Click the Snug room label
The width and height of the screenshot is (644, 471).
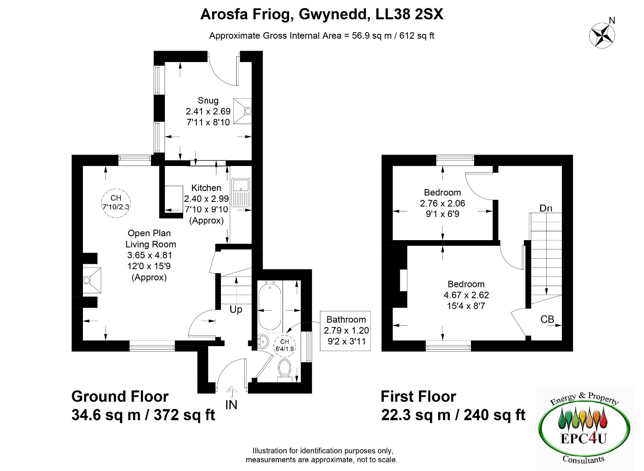point(208,101)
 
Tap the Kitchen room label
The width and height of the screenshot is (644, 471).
point(206,188)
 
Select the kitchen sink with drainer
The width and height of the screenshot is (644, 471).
point(241,192)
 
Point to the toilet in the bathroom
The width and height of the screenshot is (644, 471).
point(284,370)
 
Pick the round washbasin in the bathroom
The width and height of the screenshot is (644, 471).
point(263,342)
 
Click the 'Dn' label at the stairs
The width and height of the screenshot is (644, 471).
point(546,208)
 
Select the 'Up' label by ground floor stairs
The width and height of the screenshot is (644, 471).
point(236,310)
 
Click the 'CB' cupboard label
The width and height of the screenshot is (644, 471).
point(547,320)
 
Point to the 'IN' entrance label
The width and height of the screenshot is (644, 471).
point(231,405)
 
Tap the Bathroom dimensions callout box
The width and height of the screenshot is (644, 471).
point(345,331)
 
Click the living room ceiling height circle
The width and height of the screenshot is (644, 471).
point(116,203)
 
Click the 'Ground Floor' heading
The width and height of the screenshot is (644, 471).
point(120,396)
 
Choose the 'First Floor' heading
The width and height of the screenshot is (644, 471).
point(418,396)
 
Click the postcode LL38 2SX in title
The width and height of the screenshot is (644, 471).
point(409,14)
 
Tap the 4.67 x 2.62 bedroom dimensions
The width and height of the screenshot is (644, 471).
point(466,295)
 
